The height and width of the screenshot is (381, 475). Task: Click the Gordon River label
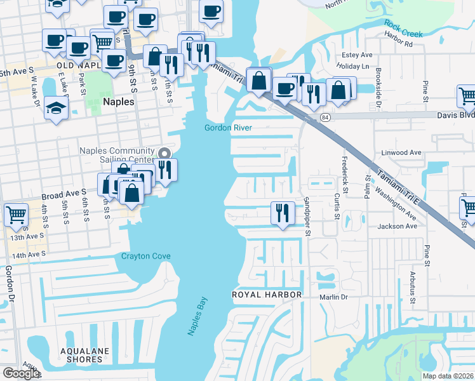[228, 128]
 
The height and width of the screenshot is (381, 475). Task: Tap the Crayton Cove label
[146, 256]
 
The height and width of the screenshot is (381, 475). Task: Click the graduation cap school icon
[56, 107]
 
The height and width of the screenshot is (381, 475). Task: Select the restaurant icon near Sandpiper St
[282, 212]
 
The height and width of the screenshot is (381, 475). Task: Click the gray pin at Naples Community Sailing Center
[164, 153]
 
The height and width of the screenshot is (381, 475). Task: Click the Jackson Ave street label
[397, 226]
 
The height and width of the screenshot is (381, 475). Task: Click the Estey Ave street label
[357, 55]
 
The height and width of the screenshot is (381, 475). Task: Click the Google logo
[21, 373]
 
